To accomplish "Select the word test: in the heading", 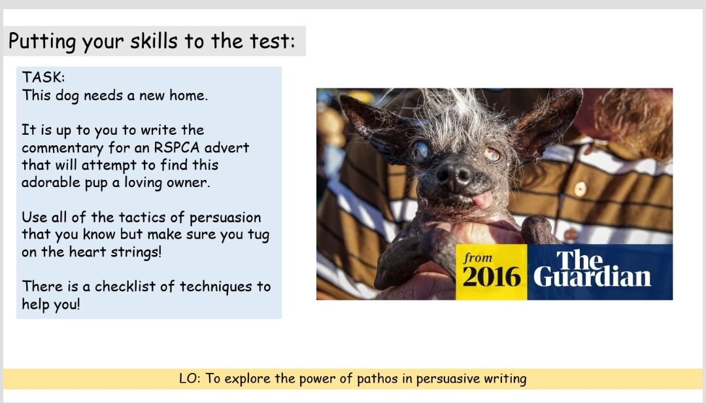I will click(x=269, y=41).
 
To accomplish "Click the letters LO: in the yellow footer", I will click(x=190, y=379).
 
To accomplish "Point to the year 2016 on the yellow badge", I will click(x=492, y=277).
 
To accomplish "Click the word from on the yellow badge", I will click(x=478, y=258).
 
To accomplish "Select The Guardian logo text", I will click(x=592, y=270).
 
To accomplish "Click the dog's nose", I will click(x=454, y=173).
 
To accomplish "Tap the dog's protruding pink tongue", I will click(x=482, y=200).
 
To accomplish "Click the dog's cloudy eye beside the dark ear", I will click(x=421, y=151).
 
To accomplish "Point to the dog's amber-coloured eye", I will click(x=492, y=154).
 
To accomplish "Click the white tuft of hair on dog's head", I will click(x=451, y=111).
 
